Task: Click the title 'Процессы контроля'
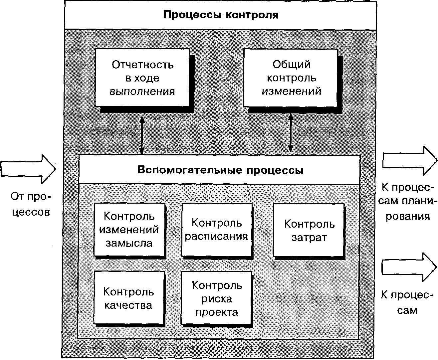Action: (220, 15)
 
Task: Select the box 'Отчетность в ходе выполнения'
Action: (142, 78)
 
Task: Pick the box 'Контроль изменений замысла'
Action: (129, 230)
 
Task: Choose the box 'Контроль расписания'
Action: (216, 230)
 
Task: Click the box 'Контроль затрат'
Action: (309, 230)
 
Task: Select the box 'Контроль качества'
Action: (129, 298)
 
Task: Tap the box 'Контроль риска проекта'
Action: (216, 298)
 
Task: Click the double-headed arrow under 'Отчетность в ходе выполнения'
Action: (142, 134)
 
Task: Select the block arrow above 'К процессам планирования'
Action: (409, 160)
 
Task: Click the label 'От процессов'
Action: (31, 204)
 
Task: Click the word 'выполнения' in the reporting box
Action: (142, 91)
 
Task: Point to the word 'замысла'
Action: (129, 243)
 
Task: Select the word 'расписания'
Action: (216, 236)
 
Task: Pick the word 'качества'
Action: (128, 305)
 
